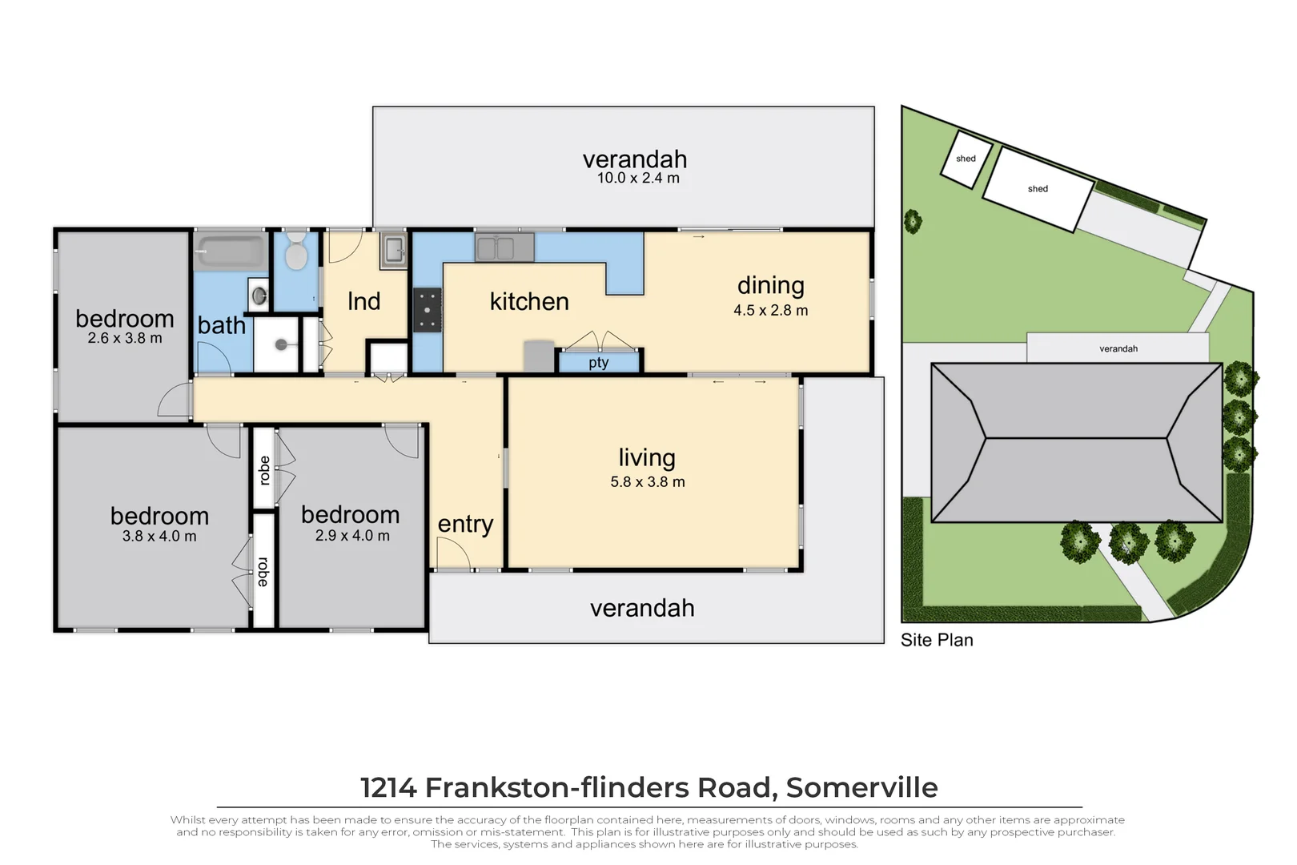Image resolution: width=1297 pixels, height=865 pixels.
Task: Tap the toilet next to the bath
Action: tap(296, 251)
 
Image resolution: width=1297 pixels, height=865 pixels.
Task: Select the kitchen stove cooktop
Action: tap(427, 310)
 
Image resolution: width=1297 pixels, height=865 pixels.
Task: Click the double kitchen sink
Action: tap(504, 247)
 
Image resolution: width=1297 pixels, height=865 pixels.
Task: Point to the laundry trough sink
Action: tap(393, 249)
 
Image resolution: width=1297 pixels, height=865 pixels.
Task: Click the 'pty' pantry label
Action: tap(599, 363)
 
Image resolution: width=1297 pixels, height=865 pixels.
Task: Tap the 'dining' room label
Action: tap(770, 285)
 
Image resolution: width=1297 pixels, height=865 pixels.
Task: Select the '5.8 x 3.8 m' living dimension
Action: tap(647, 482)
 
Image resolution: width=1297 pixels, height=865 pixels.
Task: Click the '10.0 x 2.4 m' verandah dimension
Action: tap(638, 179)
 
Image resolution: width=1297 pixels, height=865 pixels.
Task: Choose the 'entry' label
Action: tap(465, 524)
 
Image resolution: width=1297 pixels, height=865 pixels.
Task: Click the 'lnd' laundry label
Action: tap(363, 302)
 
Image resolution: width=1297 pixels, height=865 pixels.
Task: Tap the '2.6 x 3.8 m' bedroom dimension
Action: tap(125, 339)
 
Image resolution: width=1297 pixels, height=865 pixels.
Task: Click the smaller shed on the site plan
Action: tap(966, 159)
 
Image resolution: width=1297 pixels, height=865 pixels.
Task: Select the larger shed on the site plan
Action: tap(1038, 189)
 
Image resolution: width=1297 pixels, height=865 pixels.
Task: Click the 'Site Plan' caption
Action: tap(937, 640)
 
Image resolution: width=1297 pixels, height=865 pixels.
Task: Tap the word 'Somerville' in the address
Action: tap(861, 787)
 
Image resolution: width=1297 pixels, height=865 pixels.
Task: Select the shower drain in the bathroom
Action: tap(281, 344)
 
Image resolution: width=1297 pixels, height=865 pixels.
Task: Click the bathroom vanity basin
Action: tap(259, 296)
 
